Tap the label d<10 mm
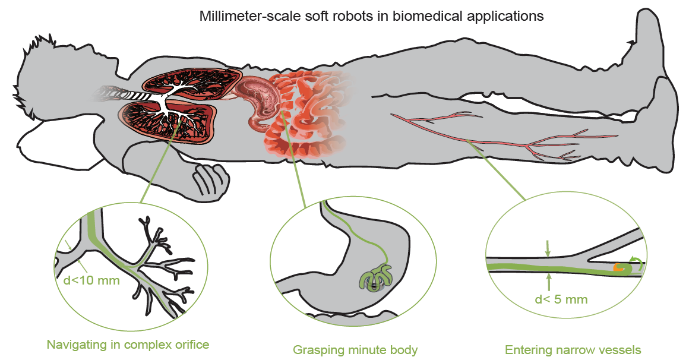[91, 280]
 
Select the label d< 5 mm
[561, 299]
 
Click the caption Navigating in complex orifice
[128, 343]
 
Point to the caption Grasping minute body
[355, 350]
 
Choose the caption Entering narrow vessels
[573, 350]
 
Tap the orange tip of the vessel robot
[620, 269]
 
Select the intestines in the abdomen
[309, 119]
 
